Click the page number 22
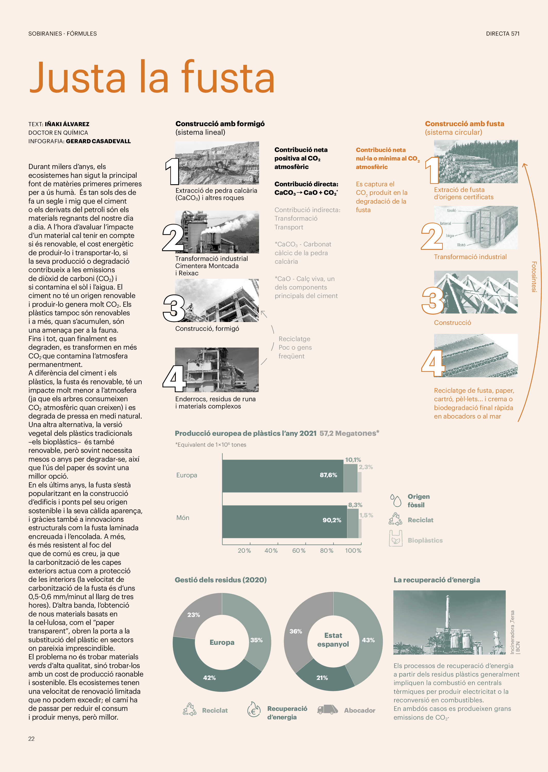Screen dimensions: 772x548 coord(31,738)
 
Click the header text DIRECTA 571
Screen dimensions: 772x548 coord(502,34)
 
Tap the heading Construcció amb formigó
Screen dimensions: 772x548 coord(220,124)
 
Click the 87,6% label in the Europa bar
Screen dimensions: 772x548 coord(328,475)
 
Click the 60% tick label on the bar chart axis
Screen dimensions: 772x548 coord(299,550)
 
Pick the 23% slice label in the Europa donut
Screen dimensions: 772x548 coord(194,615)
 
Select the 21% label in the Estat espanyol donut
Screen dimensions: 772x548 coord(322,678)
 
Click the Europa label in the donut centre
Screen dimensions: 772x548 coord(222,642)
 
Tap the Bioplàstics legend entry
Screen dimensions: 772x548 coord(425,540)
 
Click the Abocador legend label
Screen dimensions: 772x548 coord(359,710)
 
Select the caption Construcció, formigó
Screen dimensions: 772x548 coord(207,328)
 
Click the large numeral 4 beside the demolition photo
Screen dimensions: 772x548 coord(174,378)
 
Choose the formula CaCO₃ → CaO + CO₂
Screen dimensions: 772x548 coord(306,192)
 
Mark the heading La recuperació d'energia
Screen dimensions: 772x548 coord(437,580)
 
